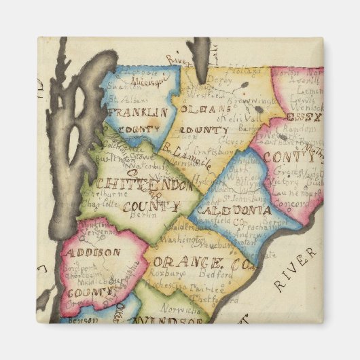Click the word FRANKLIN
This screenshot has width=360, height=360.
[137, 111]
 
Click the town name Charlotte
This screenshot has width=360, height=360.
[99, 201]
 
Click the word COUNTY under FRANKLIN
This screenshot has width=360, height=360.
[137, 129]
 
